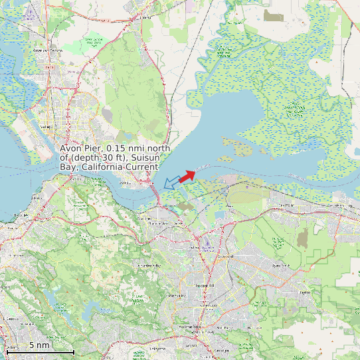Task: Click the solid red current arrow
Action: [x=187, y=175]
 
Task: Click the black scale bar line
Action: [x=40, y=352]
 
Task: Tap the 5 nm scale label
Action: [x=39, y=345]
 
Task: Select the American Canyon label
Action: [x=48, y=50]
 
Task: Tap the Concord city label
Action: [x=226, y=256]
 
